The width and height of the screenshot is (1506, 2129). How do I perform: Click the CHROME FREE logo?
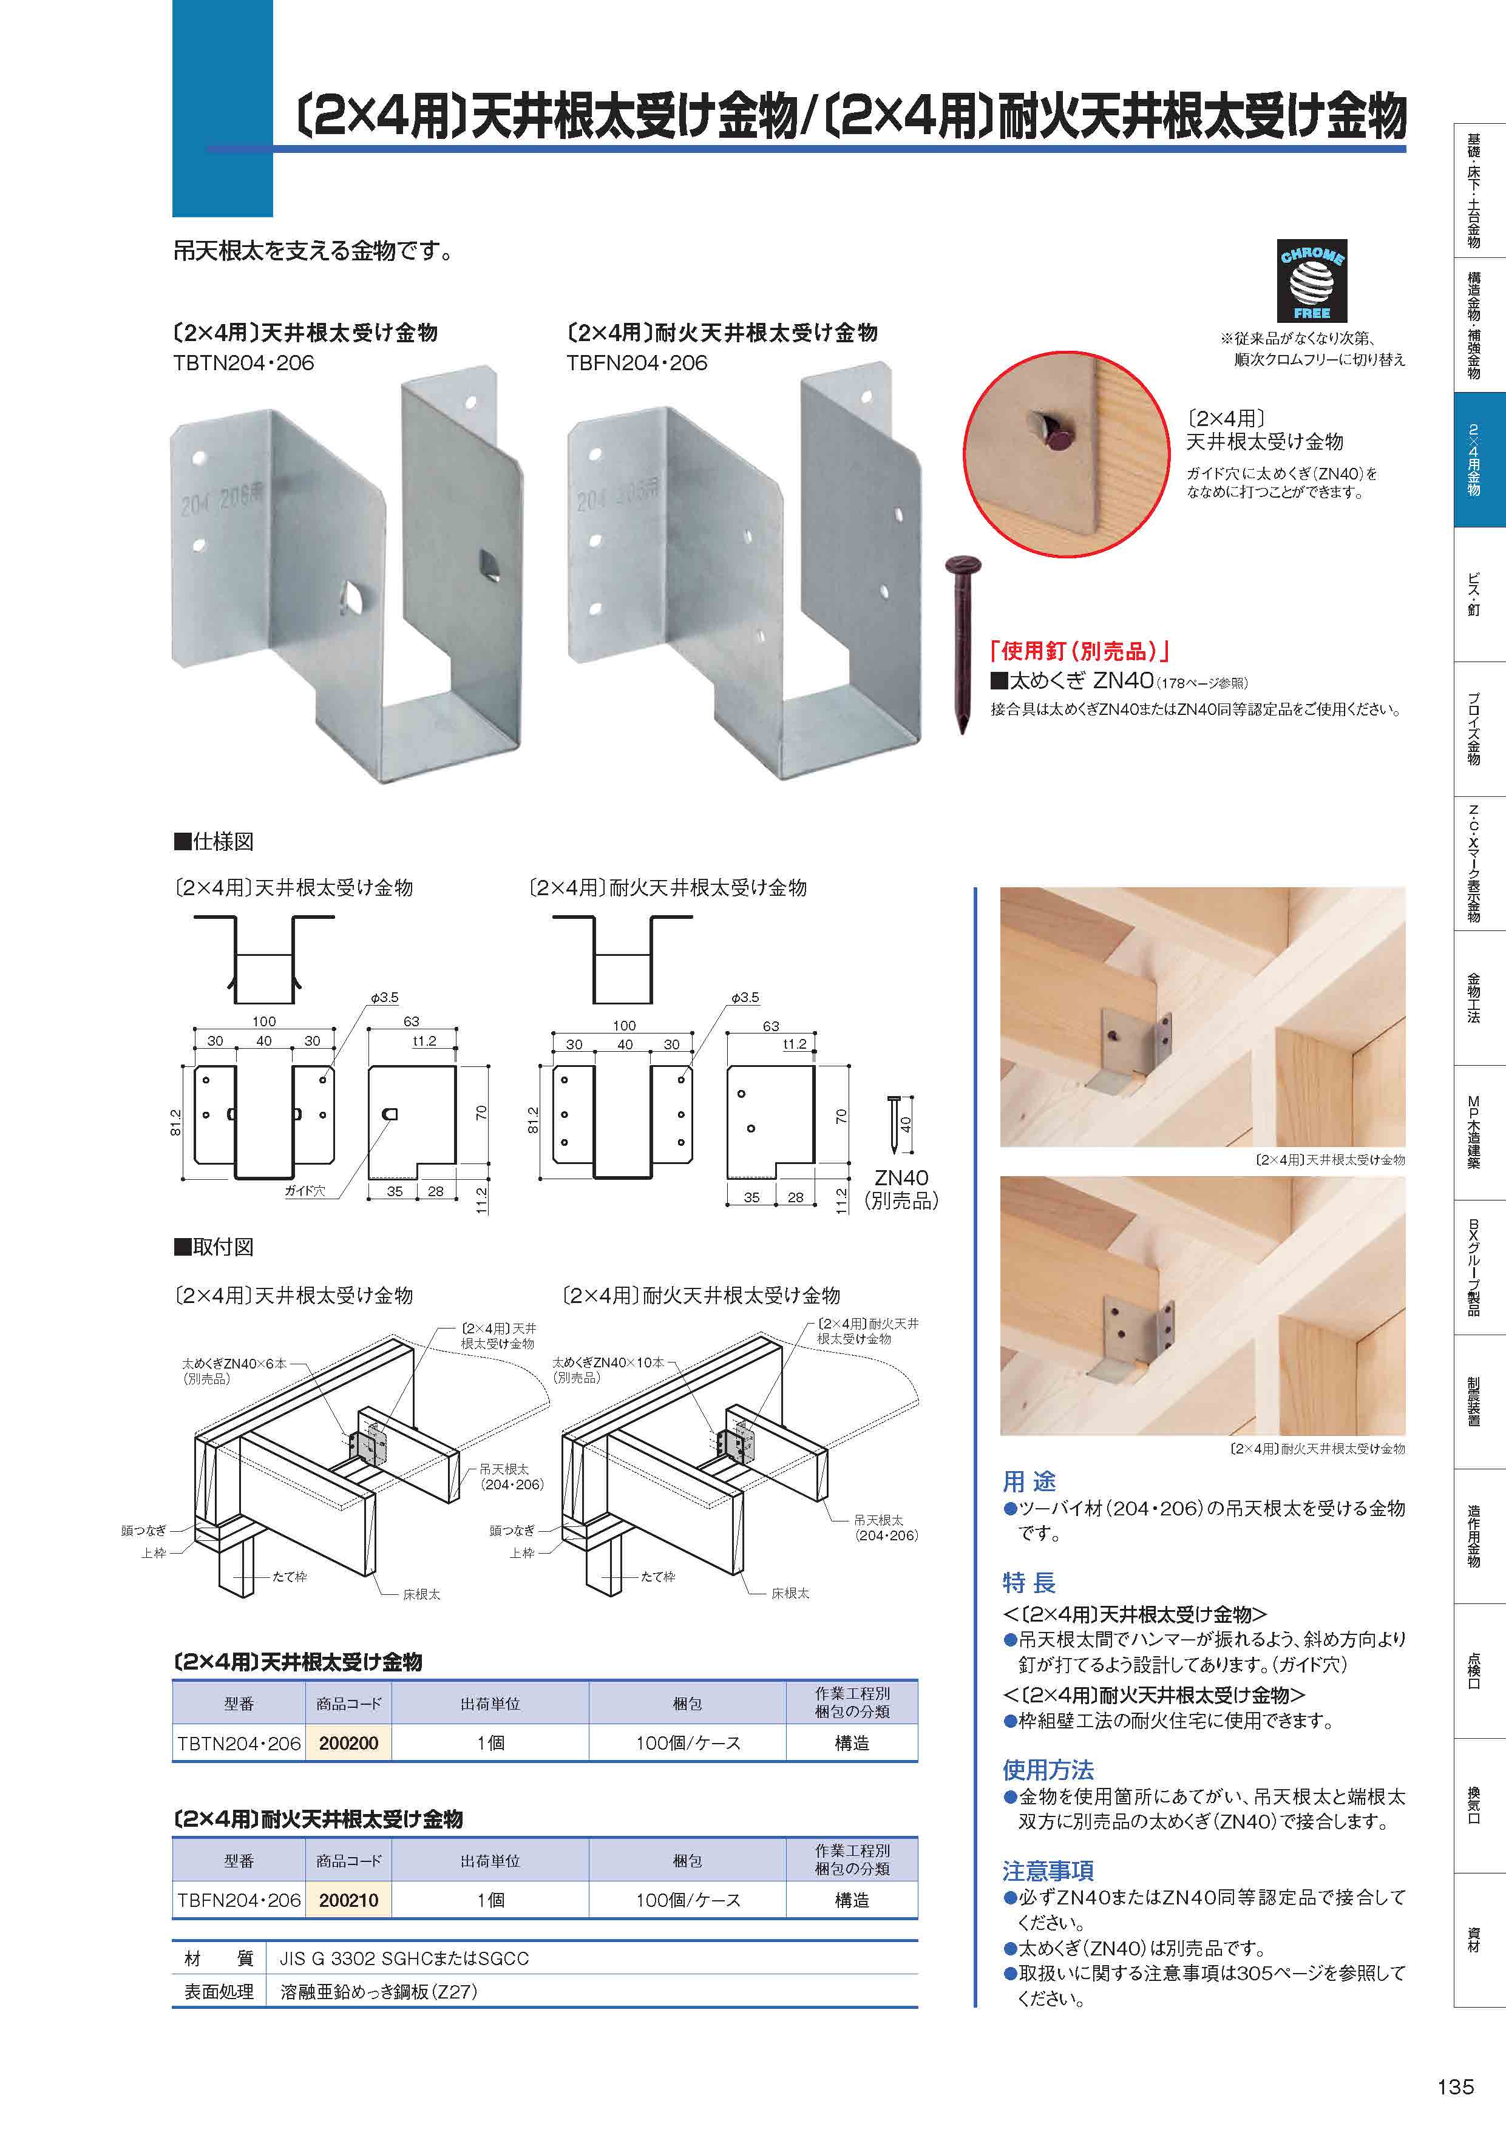[1311, 282]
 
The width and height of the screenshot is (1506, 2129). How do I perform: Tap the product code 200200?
[348, 1743]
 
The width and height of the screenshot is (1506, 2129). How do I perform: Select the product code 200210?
[348, 1900]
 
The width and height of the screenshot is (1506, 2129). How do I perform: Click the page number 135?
[1455, 2087]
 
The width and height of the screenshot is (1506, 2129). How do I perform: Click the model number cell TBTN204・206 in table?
[239, 1743]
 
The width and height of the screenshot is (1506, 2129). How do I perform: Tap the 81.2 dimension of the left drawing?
[176, 1122]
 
